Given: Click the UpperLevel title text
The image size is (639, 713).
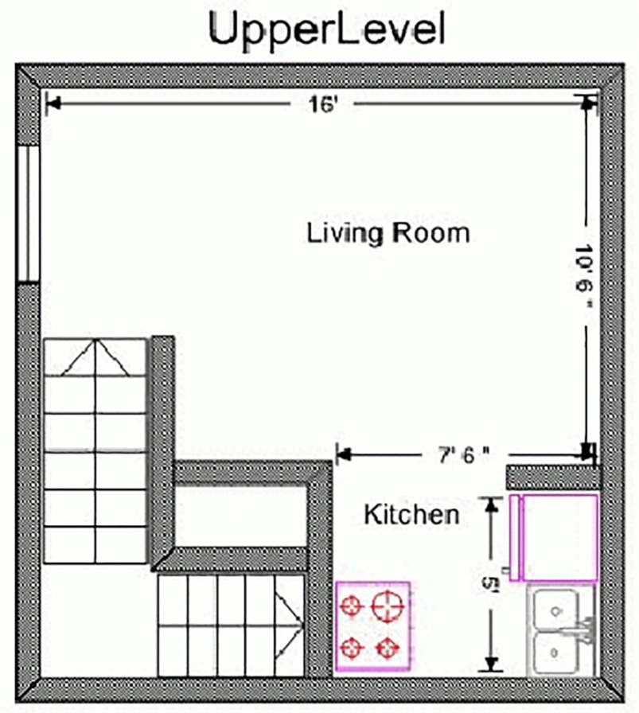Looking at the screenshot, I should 327,30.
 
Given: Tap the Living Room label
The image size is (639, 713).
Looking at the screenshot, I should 388,233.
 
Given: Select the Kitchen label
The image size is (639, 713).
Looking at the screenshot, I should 411,514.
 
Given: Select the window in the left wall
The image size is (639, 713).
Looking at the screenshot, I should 28,213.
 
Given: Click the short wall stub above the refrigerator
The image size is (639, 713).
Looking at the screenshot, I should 552,477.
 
